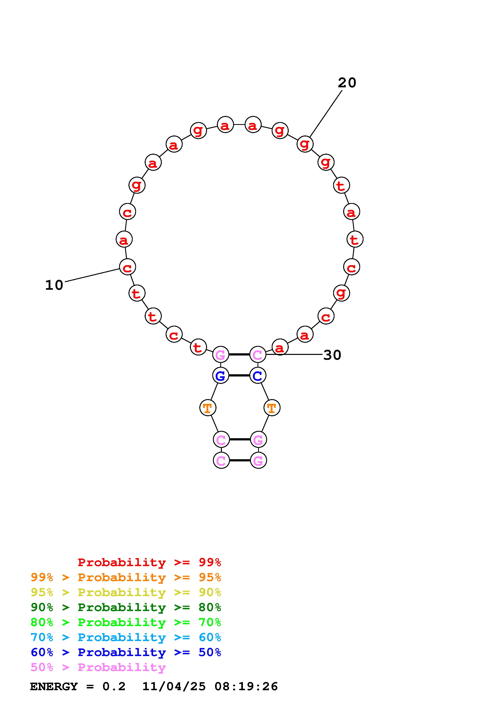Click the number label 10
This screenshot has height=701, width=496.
click(x=54, y=285)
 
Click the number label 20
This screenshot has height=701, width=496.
click(x=347, y=83)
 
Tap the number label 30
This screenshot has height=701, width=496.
click(x=332, y=355)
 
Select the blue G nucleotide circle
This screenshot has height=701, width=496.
click(x=221, y=375)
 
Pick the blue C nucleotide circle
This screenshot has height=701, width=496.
click(x=258, y=375)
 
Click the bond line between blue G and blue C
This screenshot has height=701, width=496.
click(x=239, y=375)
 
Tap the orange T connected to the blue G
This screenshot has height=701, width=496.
click(x=207, y=408)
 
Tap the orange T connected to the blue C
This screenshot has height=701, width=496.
click(x=272, y=408)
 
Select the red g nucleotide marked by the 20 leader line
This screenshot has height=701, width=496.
click(x=305, y=144)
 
